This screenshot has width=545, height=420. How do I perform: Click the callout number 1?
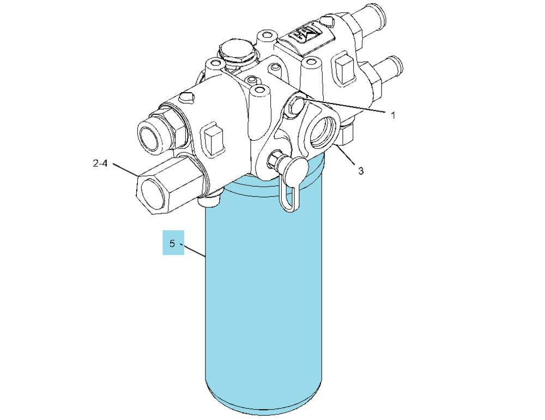coord(393,115)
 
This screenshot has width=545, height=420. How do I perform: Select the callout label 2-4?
coord(100,163)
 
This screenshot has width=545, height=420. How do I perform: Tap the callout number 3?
coord(361,171)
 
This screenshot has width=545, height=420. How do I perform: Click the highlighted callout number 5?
coord(172,244)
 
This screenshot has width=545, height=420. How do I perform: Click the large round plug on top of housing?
coord(236,51)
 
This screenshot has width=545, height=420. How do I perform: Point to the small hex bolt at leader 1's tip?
coord(295,105)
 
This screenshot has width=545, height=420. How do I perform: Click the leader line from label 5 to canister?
coord(195,251)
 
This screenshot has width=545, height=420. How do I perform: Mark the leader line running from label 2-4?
coord(125,170)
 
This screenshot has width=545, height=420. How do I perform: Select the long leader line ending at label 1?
coord(345,105)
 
